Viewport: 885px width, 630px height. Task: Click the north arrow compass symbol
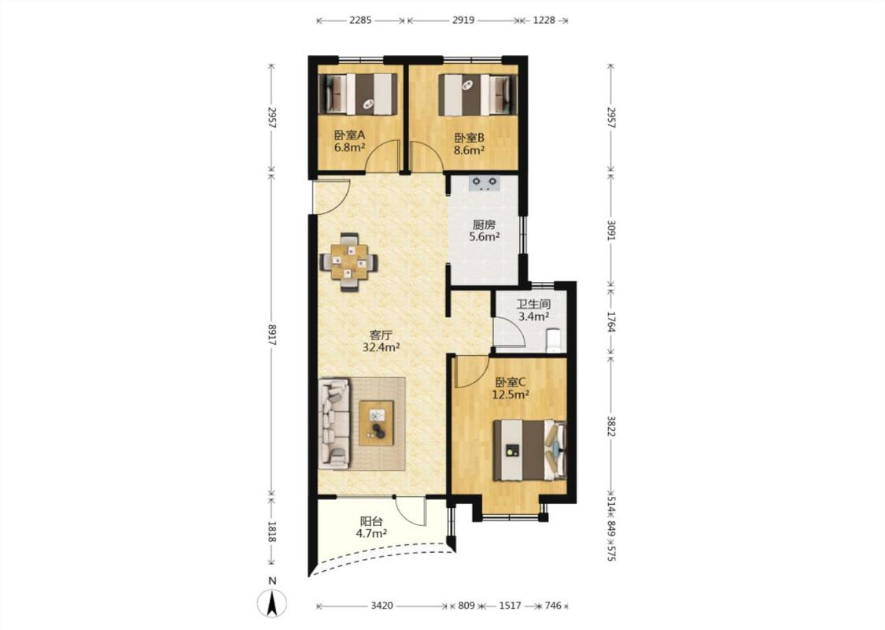(272, 603)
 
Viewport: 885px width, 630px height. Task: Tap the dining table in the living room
(348, 262)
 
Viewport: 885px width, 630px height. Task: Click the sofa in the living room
(334, 424)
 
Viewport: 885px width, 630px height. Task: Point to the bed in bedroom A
(359, 94)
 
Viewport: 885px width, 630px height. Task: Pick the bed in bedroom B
(478, 95)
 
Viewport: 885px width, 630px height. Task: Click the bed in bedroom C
(529, 450)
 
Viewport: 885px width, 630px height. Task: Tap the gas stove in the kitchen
(485, 183)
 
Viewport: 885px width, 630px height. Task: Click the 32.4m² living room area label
(381, 347)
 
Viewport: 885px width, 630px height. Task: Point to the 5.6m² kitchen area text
(485, 237)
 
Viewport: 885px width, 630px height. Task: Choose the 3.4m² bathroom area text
(533, 317)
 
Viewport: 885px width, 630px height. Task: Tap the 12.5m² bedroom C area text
(511, 395)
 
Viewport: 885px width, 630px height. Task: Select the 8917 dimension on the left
(272, 335)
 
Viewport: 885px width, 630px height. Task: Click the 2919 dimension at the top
(463, 20)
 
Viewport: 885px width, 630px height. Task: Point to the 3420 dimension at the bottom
(382, 606)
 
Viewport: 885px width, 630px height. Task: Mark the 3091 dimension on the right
(610, 228)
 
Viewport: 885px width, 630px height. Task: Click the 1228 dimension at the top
(544, 20)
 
